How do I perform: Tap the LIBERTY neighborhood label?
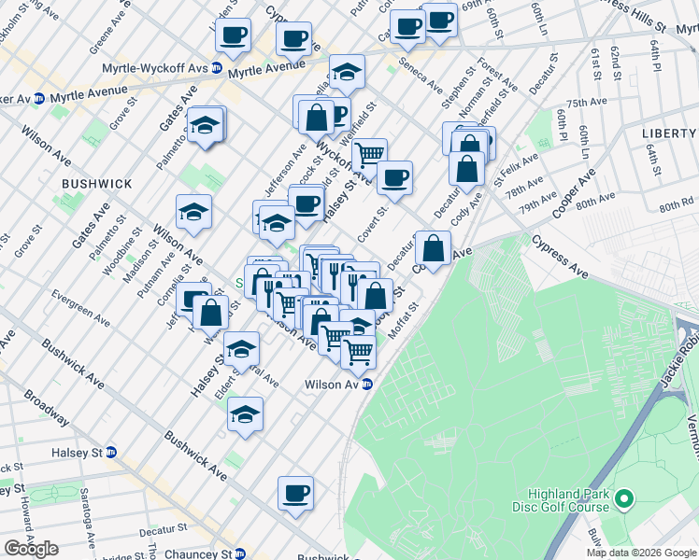point(669,133)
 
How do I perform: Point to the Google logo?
point(31,549)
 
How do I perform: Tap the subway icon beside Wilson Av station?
point(367,384)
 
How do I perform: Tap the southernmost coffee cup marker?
point(295,493)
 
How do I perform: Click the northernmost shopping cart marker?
point(370,152)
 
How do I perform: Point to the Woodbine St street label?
point(111,255)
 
